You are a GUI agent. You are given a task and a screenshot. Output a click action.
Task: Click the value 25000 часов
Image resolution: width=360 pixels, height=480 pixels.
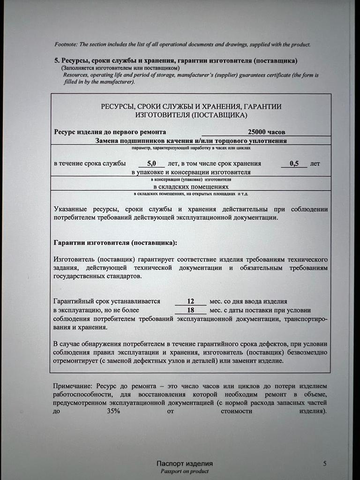click(266, 132)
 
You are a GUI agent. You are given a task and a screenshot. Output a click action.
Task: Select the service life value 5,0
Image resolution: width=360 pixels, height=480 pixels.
click(151, 164)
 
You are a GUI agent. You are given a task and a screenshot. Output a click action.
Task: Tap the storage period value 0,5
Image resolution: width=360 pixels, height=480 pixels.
click(294, 164)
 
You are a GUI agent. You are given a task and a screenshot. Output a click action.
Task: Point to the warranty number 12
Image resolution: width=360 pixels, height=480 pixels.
click(190, 301)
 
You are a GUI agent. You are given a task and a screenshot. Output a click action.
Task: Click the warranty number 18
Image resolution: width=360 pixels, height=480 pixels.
click(190, 310)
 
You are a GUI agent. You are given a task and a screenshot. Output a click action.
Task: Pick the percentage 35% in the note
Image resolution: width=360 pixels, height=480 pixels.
click(112, 411)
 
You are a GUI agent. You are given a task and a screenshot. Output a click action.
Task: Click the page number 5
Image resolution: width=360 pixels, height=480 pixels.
click(325, 464)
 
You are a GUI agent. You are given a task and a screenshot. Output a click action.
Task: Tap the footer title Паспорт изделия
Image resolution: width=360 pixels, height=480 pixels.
click(185, 464)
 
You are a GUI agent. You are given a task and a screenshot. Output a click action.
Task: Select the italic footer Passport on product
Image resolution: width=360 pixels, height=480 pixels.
click(185, 471)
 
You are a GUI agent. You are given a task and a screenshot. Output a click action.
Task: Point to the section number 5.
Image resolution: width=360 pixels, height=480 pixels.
click(56, 61)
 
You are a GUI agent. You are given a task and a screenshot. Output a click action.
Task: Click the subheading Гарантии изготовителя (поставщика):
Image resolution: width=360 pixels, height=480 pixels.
click(115, 243)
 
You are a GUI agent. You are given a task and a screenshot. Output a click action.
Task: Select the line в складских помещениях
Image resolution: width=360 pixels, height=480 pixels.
click(190, 186)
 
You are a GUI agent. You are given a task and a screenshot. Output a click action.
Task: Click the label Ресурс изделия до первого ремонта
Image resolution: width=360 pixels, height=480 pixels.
click(110, 132)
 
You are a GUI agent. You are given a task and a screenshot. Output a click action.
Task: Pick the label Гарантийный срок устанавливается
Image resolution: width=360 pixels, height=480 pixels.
click(107, 301)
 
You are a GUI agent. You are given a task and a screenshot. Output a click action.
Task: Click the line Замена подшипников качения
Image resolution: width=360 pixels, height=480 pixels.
click(191, 140)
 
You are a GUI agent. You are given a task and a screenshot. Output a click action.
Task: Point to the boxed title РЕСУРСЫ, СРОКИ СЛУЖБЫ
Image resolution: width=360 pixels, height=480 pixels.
click(191, 107)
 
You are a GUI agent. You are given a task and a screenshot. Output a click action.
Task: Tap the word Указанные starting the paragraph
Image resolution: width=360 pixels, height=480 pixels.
click(70, 209)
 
